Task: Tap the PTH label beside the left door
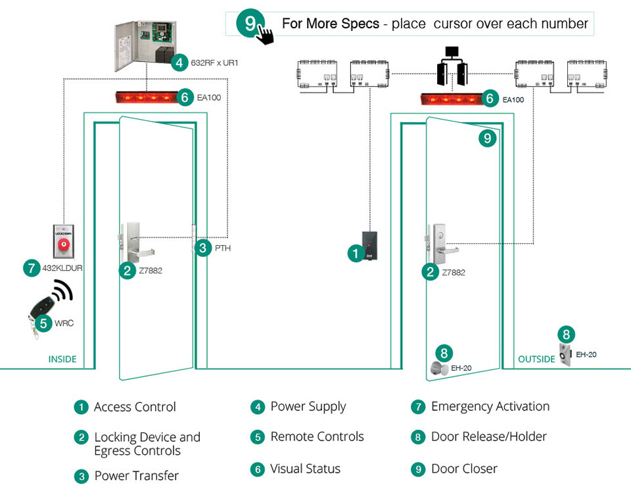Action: click(x=223, y=248)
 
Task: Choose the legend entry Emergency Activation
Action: click(x=490, y=407)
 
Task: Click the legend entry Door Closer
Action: click(x=463, y=469)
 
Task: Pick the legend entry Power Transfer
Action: click(x=136, y=475)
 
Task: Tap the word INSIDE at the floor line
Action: click(x=62, y=359)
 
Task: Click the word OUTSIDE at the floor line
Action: click(x=536, y=359)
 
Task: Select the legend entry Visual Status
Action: click(x=305, y=469)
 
